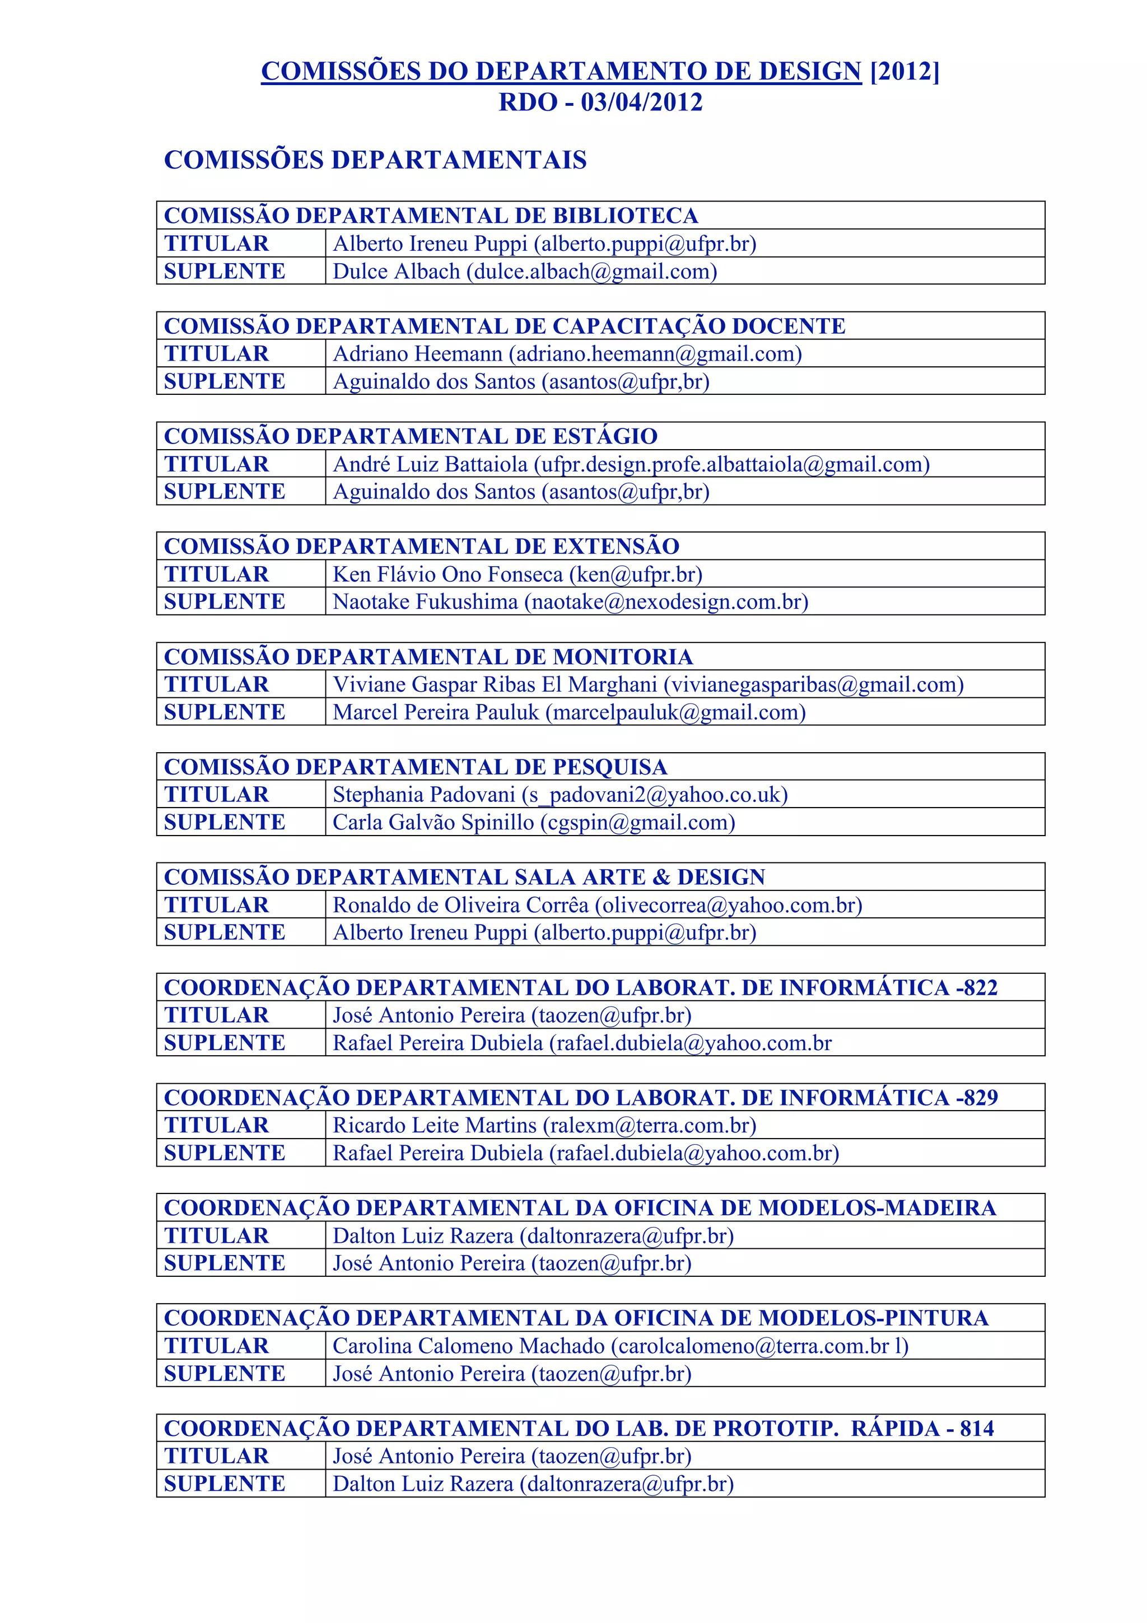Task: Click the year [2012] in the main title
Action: point(904,71)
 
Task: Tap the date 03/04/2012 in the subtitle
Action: point(641,102)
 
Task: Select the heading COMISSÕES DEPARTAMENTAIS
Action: point(375,161)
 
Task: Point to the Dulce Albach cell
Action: point(524,272)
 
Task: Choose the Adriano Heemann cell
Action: point(567,353)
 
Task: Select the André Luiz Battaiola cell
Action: point(631,464)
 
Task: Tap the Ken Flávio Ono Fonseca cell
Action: point(517,574)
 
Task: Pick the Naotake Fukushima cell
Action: point(570,601)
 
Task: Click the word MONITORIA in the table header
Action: point(622,657)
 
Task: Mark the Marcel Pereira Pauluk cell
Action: point(569,712)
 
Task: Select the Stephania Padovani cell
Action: point(559,795)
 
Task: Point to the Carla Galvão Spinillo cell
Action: point(534,822)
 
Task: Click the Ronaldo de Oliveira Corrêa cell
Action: point(597,905)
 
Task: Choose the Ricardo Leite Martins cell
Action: point(544,1125)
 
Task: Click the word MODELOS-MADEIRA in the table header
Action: point(877,1208)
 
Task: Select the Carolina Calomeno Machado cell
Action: point(620,1346)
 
